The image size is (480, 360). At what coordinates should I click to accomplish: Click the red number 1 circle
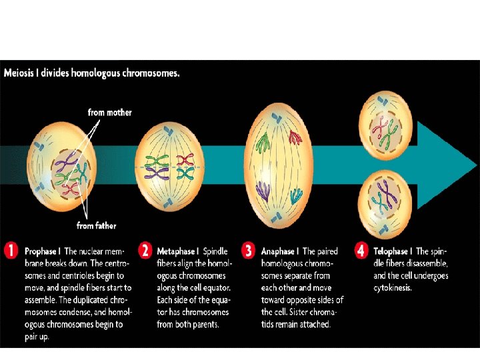click(11, 252)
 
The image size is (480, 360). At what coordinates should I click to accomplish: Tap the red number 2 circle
click(145, 252)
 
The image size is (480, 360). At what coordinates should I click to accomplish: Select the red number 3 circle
click(249, 252)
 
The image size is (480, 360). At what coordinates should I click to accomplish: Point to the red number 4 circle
click(361, 252)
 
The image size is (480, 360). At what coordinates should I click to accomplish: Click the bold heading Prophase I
click(43, 252)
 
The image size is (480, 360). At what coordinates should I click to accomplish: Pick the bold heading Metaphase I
click(178, 252)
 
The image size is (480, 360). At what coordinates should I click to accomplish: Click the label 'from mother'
click(110, 113)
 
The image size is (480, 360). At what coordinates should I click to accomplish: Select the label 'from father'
click(97, 226)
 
